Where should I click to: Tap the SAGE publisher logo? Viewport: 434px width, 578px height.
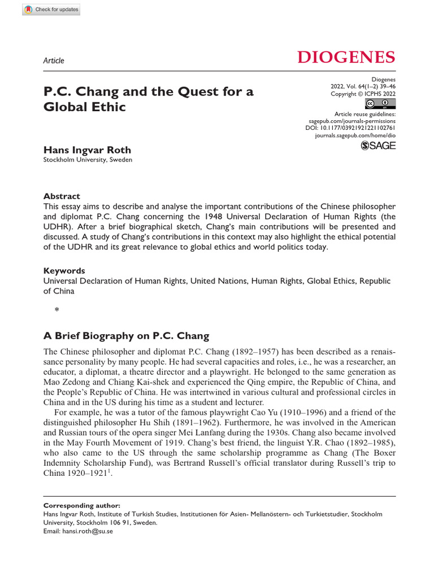click(x=378, y=146)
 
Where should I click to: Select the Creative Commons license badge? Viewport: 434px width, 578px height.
click(x=380, y=103)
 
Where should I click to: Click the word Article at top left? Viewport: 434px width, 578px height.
click(x=54, y=60)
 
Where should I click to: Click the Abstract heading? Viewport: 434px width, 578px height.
click(x=62, y=196)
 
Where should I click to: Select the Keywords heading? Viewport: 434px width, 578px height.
click(x=64, y=270)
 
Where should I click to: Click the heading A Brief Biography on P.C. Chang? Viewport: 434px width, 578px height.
click(x=126, y=335)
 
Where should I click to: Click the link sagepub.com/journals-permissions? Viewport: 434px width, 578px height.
click(x=351, y=121)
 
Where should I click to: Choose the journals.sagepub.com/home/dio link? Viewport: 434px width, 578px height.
click(x=355, y=137)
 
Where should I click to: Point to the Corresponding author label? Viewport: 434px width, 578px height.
click(x=81, y=505)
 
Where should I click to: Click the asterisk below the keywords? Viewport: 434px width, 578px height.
click(x=57, y=309)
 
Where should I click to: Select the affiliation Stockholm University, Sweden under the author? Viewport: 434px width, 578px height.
click(x=88, y=160)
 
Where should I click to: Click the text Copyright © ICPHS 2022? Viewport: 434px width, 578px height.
click(x=363, y=94)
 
